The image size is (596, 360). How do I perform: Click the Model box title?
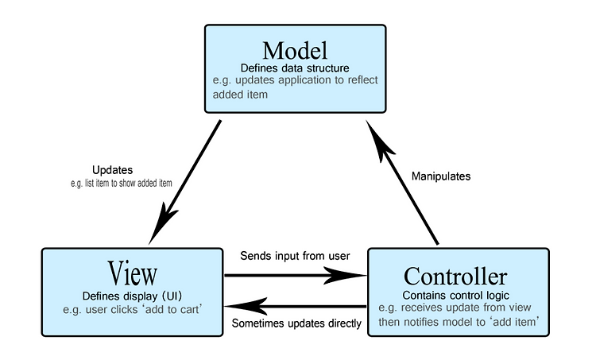[x=295, y=51]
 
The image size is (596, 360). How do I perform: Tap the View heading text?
[x=132, y=273]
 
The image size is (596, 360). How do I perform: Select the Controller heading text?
[x=455, y=276]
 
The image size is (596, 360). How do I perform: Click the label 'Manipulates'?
[x=441, y=176]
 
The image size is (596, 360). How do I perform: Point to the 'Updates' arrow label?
[x=113, y=169]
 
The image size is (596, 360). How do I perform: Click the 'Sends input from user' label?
[x=295, y=256]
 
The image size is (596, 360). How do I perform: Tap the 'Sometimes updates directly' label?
[x=296, y=323]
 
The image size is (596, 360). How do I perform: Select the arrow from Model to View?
[x=184, y=183]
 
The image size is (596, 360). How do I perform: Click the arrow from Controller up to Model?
[x=402, y=183]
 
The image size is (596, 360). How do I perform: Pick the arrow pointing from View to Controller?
[x=296, y=275]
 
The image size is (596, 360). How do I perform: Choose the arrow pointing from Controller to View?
[x=296, y=307]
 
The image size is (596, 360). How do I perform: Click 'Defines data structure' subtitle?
[x=295, y=68]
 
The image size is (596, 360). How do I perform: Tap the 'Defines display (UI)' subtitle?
[x=132, y=296]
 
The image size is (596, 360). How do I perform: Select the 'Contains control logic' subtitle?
[x=456, y=296]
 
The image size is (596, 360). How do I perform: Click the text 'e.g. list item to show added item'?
[x=122, y=184]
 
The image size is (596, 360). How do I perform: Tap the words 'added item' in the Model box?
[x=240, y=95]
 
